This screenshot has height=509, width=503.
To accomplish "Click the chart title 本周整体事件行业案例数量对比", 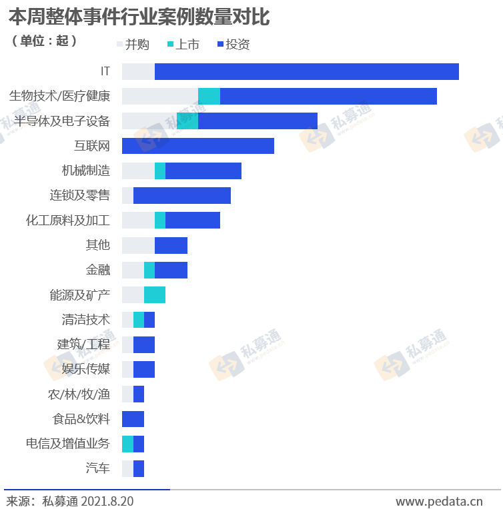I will [x=139, y=16].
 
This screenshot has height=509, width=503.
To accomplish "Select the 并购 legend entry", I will [x=133, y=45].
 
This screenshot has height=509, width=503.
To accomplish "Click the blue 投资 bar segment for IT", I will [x=307, y=71].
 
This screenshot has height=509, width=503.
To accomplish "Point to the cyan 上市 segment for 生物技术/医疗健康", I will [x=209, y=96].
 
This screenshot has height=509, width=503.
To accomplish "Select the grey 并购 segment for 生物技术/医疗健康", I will [x=160, y=96].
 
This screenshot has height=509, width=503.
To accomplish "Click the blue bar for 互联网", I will [x=198, y=146].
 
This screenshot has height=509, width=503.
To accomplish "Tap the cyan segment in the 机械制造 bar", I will [x=160, y=171].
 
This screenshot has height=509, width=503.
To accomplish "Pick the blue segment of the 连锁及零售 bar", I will [x=182, y=195].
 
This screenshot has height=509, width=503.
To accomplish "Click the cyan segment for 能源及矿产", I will [x=155, y=294].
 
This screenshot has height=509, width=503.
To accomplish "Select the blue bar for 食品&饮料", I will [x=133, y=419].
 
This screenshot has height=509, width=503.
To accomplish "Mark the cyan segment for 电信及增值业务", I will [x=127, y=444].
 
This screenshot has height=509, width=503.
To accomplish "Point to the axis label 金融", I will [x=97, y=270].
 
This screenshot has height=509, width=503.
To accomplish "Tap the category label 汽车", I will [x=97, y=468].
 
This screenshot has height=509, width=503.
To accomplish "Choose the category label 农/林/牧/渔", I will [x=78, y=394].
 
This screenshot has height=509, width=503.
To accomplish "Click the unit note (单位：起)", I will [x=45, y=41].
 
